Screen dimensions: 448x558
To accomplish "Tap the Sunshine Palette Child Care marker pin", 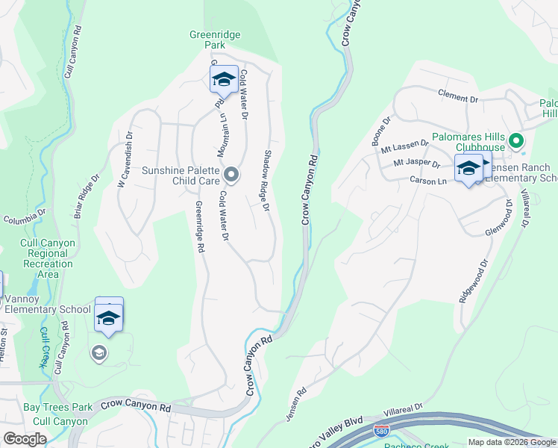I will [231, 175].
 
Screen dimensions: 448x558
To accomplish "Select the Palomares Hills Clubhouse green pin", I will [515, 140].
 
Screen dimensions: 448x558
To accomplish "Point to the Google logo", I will [25, 439].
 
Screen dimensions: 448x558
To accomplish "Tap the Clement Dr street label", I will [457, 98].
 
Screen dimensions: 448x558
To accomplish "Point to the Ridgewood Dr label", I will [473, 280].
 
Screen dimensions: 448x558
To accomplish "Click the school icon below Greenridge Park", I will [224, 78].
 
